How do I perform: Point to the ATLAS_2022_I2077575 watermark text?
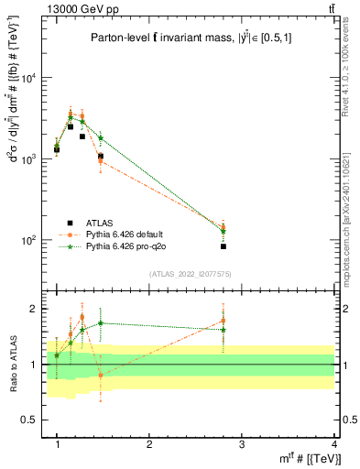click(x=198, y=274)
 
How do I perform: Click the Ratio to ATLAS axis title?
click(x=13, y=365)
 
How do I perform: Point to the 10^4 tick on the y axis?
click(x=30, y=78)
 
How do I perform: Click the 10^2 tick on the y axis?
click(x=30, y=240)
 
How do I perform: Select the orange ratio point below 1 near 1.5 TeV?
click(x=101, y=376)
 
